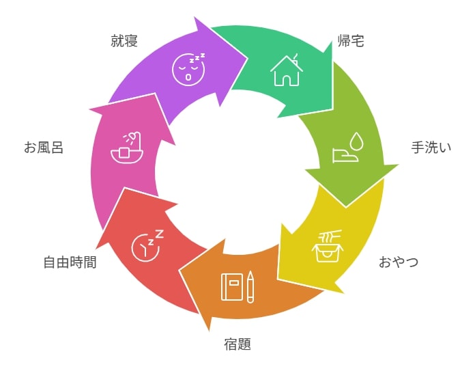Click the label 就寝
coord(124,40)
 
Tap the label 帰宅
coord(351,40)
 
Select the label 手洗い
coord(431,148)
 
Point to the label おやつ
coord(399,262)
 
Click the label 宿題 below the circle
coord(237,344)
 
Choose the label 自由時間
coord(70,262)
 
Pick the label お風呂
coord(44,148)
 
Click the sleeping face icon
coord(188,70)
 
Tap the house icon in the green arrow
coord(286,70)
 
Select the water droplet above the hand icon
coord(356,141)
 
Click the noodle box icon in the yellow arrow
coord(328,246)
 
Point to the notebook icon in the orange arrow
coord(232,287)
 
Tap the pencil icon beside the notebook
coord(250,287)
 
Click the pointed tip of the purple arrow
coord(247,58)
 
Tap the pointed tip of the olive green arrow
coord(346,207)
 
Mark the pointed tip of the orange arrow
coord(179,271)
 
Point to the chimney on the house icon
coord(296,60)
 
